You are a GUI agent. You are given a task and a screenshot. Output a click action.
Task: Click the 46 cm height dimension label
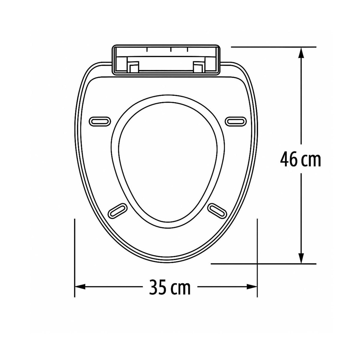tap(300, 159)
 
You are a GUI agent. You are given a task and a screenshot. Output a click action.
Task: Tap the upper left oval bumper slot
tap(100, 121)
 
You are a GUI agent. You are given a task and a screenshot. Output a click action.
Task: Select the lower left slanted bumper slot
tap(118, 211)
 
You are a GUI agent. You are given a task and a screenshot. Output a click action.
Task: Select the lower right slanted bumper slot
tap(217, 211)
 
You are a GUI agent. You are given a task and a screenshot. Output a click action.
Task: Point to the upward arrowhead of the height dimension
tap(301, 53)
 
